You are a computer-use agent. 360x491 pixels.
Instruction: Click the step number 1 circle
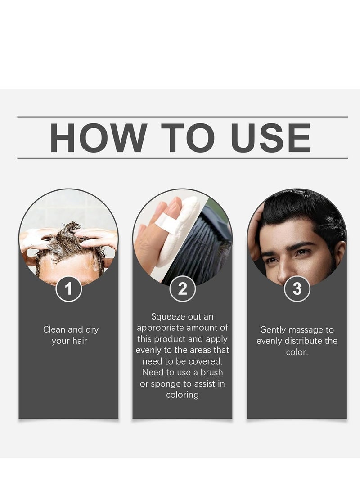(x=68, y=289)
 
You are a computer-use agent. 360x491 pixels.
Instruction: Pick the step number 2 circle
(x=182, y=289)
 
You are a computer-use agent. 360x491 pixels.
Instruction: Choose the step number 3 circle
(x=297, y=289)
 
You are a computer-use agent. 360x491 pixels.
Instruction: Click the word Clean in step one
(x=54, y=329)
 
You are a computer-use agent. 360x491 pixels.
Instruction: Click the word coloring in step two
(x=182, y=395)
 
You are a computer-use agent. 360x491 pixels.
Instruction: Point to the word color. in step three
(x=297, y=352)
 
